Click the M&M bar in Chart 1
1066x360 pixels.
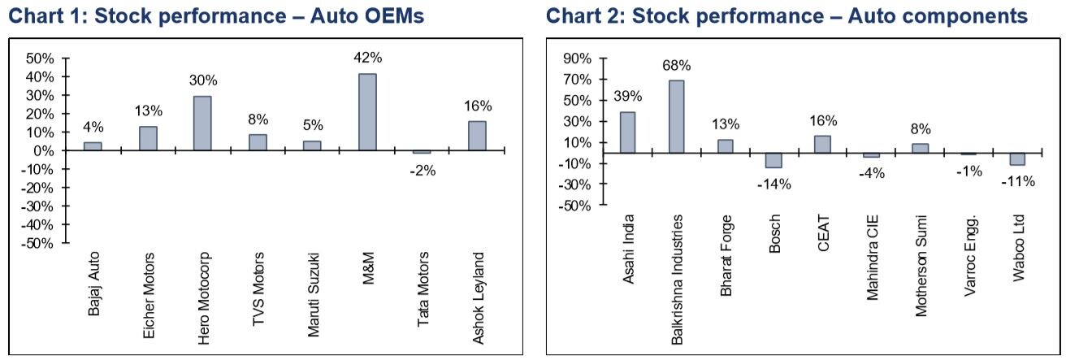[367, 112]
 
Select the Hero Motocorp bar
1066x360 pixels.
[202, 123]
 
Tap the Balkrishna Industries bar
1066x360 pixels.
[676, 116]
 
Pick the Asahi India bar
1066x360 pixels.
[628, 132]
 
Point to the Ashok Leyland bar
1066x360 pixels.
[477, 136]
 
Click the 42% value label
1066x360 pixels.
[367, 58]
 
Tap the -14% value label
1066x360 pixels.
[773, 184]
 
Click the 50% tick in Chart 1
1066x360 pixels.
[41, 59]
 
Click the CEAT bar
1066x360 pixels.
[822, 143]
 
